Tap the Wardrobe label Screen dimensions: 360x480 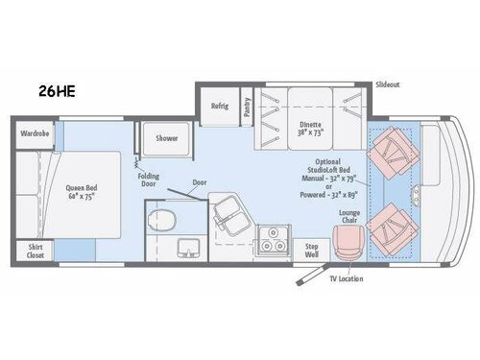pyautogui.click(x=36, y=133)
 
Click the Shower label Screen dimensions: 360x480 pyautogui.click(x=167, y=138)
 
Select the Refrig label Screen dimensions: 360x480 pyautogui.click(x=220, y=108)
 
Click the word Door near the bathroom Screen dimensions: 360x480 pyautogui.click(x=199, y=182)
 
